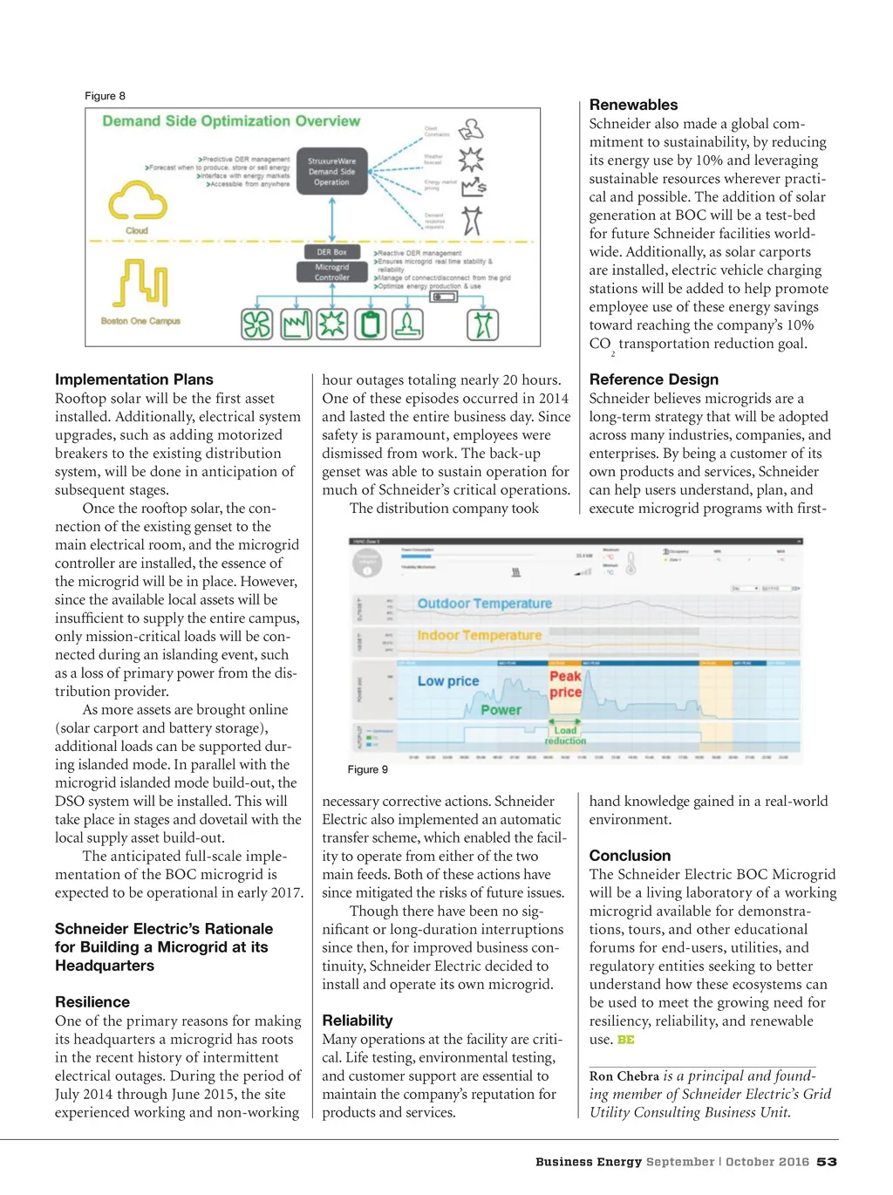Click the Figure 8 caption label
coord(105,96)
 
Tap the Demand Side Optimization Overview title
coord(231,121)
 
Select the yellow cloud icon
coord(137,201)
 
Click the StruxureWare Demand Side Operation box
coord(331,172)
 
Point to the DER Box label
coord(331,252)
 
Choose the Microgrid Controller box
coord(331,272)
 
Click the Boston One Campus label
coord(140,321)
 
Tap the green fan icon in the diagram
coord(256,324)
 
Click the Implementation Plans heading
coord(133,379)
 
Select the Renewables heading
coord(633,105)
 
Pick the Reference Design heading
coord(654,379)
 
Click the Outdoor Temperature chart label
coord(484,604)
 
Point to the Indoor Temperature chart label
coord(479,636)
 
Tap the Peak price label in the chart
coord(565,684)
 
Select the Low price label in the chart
coord(448,681)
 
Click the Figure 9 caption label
coord(367,769)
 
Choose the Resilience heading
coord(92,1002)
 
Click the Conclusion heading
coord(630,856)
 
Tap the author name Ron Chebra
coord(624,1076)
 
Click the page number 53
coord(827,1162)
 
